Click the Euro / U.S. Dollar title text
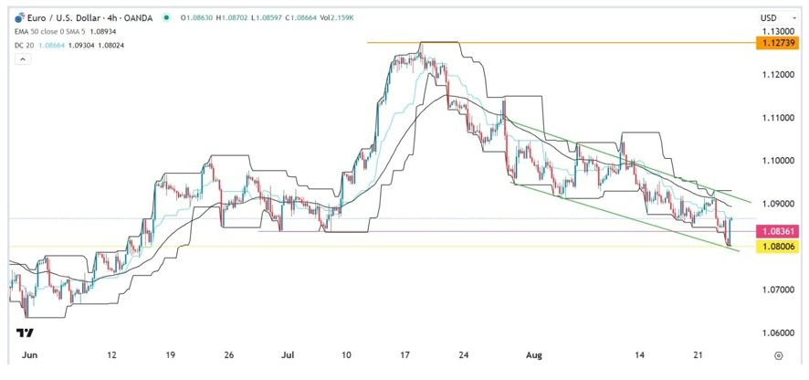[x=72, y=16]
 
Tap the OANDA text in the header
[x=144, y=16]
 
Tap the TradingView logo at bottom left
[x=26, y=333]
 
